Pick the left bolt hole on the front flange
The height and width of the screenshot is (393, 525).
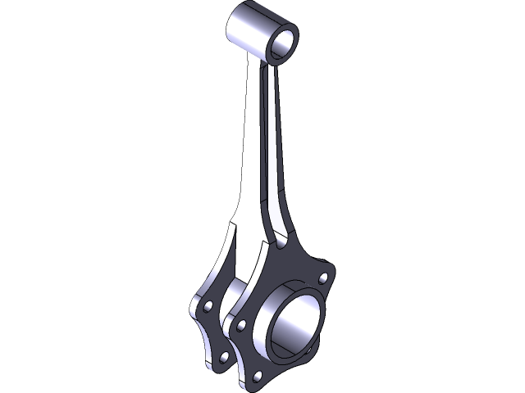[240, 325]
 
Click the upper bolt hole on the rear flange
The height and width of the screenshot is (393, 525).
[208, 305]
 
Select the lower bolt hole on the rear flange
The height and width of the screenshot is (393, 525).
[223, 358]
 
